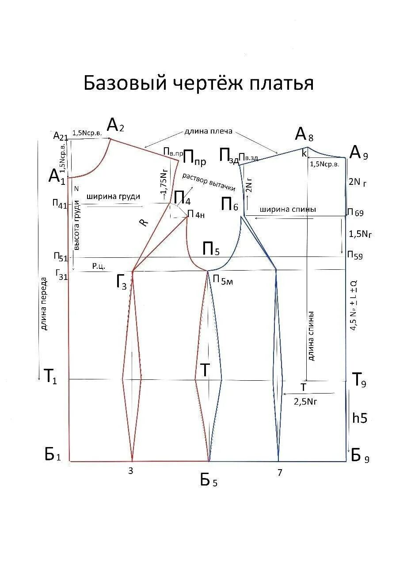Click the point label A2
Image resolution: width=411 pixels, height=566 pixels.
coord(115,126)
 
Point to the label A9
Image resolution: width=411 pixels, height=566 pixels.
coord(358,153)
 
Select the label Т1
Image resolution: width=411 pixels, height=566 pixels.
coord(49,376)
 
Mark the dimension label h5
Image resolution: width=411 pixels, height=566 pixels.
coord(360,418)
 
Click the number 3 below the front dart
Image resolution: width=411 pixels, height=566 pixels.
coord(130,471)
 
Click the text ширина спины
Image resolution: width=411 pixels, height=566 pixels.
coord(288,210)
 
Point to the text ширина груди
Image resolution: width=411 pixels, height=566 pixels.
coord(113,197)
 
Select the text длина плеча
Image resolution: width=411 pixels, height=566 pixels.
coord(208,132)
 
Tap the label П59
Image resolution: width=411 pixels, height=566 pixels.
coord(355,256)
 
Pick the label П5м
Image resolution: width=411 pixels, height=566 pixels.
coord(222,279)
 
